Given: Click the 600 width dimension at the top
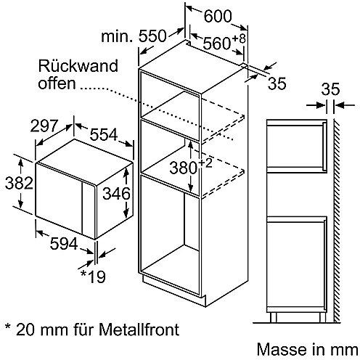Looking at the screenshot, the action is (218, 16).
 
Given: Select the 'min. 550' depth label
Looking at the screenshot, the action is (134, 36).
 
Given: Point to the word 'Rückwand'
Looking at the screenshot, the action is (78, 66).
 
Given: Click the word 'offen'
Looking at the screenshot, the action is (57, 83).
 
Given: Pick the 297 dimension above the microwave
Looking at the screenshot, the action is (44, 126).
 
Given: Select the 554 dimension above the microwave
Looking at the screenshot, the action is (104, 134).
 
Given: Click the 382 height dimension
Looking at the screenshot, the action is (19, 183).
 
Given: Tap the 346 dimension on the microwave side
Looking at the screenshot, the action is (116, 194).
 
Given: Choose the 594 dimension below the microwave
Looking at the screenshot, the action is (64, 244).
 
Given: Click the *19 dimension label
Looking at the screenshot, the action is (93, 277).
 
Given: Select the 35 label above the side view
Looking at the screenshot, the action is (330, 89).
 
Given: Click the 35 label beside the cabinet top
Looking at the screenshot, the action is (277, 83).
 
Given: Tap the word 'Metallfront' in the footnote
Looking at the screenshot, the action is (139, 329).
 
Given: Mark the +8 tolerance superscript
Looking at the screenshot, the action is (239, 38).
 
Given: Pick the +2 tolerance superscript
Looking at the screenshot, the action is (205, 163).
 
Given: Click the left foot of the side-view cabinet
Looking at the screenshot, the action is (273, 317).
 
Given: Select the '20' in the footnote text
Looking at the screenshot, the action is (25, 330).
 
